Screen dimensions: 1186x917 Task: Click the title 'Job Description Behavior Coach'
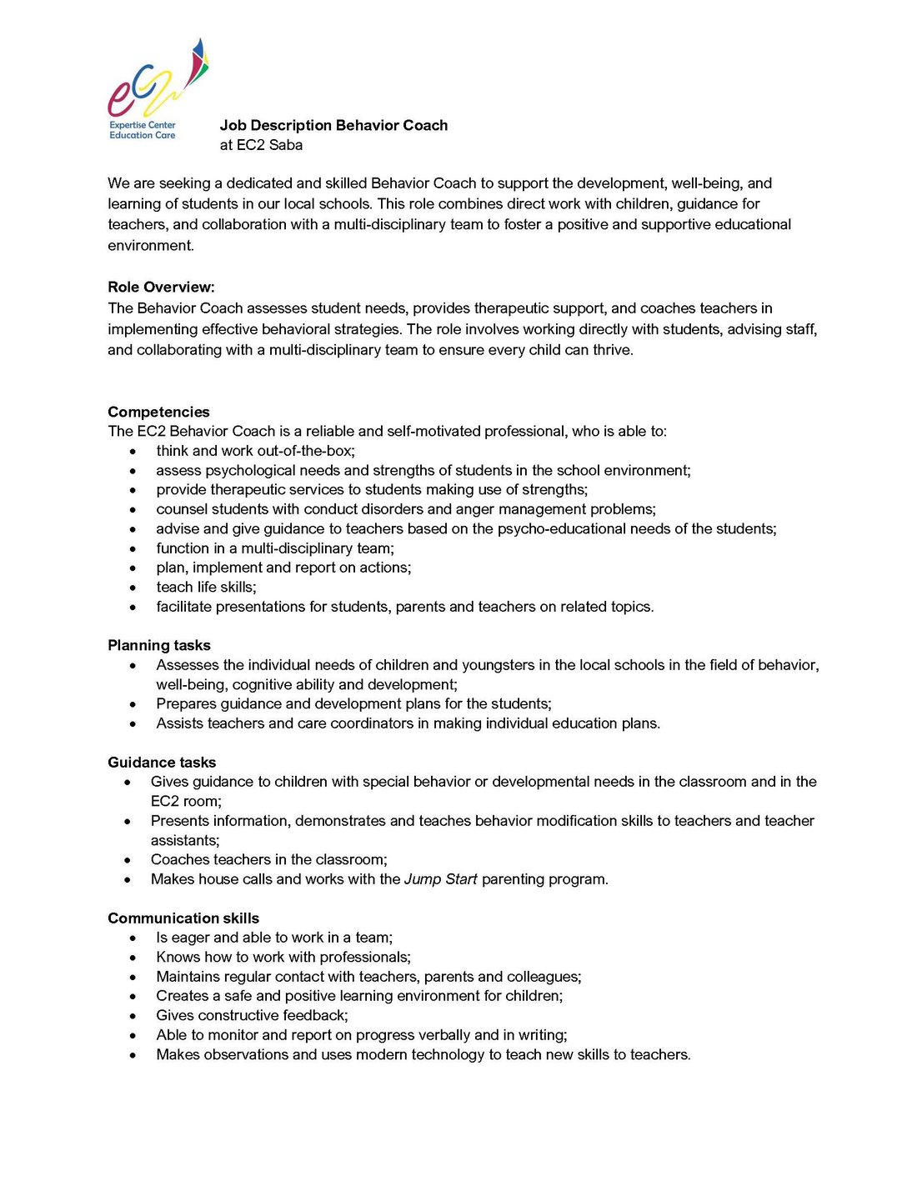(x=333, y=125)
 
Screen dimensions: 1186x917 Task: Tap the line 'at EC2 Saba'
(x=261, y=145)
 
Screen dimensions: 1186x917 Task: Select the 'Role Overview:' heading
(x=161, y=288)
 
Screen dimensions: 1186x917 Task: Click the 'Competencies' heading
(x=158, y=412)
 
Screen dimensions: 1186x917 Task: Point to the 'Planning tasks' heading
(x=158, y=645)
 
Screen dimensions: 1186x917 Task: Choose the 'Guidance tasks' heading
(x=162, y=762)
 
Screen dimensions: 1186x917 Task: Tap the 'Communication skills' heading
(x=183, y=918)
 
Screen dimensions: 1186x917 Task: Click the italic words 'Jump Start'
(x=440, y=879)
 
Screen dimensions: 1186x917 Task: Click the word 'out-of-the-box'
(x=304, y=451)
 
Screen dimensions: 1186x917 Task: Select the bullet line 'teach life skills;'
(x=206, y=587)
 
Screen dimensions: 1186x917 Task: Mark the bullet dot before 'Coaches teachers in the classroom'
(x=128, y=860)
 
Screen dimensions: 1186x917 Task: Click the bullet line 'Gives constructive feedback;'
(x=252, y=1015)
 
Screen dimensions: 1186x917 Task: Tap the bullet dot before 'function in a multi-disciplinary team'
(x=133, y=548)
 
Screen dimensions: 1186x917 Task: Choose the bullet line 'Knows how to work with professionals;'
(x=283, y=957)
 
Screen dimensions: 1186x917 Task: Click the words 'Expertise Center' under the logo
(x=143, y=125)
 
